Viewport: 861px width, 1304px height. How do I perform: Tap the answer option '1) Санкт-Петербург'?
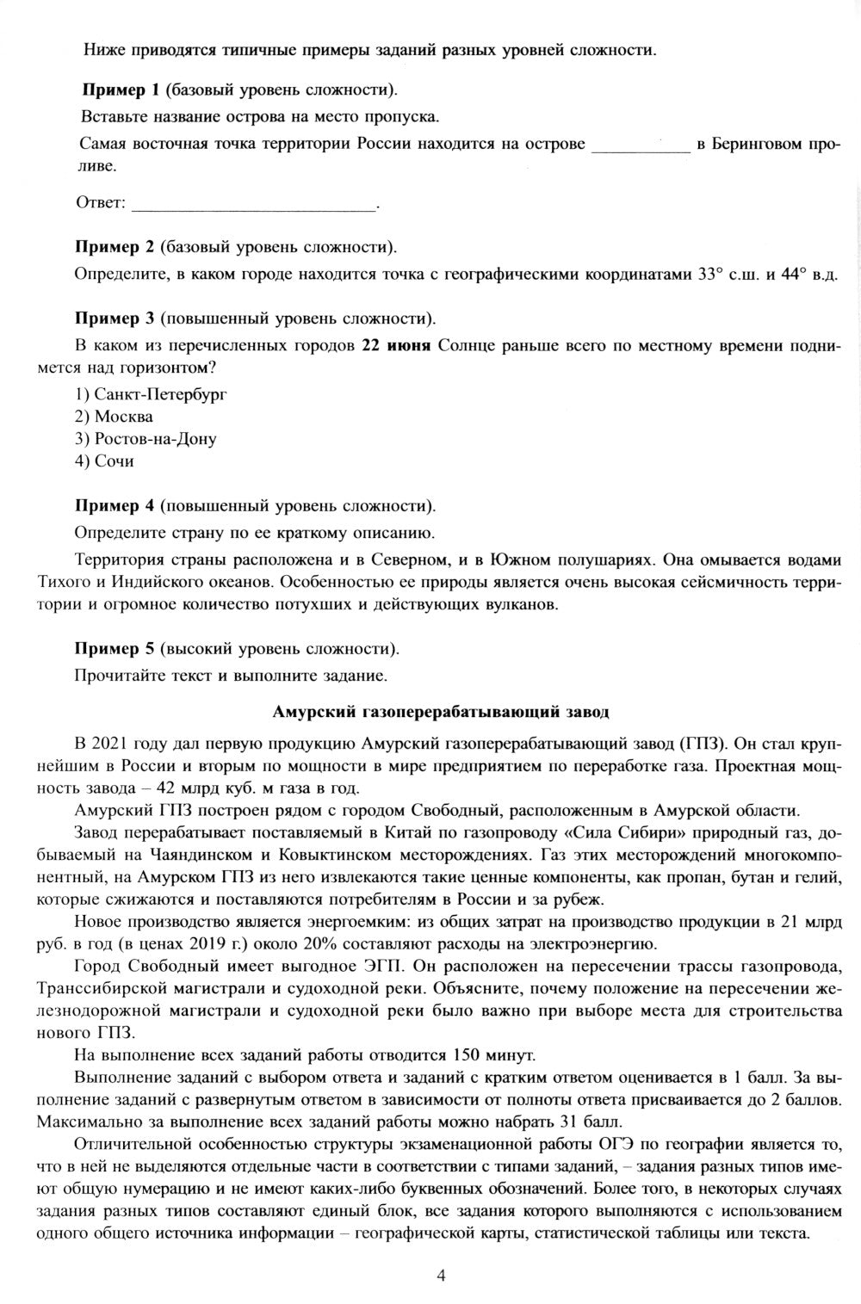[143, 394]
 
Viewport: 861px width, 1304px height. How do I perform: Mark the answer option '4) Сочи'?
[104, 461]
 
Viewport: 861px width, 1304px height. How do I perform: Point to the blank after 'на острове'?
[641, 145]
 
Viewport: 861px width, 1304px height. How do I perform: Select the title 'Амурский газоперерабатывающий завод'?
[440, 712]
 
